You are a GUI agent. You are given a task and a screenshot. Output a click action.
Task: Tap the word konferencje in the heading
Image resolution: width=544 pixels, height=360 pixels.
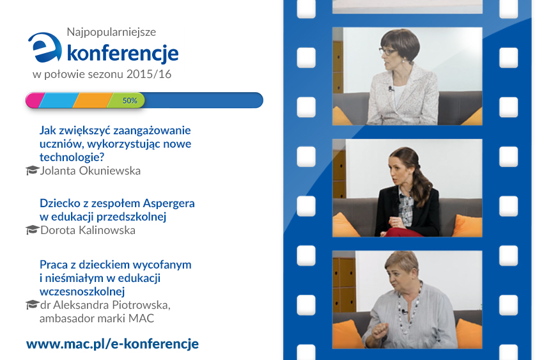click(123, 53)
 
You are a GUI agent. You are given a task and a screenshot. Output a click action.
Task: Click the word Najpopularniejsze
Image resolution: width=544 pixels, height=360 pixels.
click(111, 32)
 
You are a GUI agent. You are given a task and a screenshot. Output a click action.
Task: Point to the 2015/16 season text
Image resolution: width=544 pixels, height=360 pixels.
click(149, 74)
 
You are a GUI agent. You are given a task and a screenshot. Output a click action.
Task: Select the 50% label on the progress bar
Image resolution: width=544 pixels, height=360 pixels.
click(130, 100)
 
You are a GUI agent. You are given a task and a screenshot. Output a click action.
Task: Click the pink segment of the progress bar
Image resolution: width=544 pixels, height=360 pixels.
click(34, 100)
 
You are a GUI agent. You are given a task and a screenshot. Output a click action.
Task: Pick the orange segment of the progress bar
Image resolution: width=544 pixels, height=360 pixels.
click(92, 100)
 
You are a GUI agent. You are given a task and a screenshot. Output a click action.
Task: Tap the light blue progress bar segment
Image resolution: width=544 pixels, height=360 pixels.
click(58, 100)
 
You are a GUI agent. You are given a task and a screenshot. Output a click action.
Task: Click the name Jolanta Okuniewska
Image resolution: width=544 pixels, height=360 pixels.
click(90, 171)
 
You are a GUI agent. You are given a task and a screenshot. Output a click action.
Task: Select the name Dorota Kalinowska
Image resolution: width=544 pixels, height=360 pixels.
click(88, 230)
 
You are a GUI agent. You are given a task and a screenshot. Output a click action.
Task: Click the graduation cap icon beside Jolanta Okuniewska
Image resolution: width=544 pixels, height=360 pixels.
click(32, 171)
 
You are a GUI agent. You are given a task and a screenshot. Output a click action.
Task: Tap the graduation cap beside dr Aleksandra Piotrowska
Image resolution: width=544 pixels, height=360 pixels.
click(32, 304)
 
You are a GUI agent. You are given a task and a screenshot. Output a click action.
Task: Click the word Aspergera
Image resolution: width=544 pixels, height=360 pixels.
click(169, 204)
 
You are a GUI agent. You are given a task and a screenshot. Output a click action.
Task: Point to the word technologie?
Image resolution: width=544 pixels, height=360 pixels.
click(72, 157)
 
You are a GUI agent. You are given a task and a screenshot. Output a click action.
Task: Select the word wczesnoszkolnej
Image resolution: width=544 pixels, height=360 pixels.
click(82, 292)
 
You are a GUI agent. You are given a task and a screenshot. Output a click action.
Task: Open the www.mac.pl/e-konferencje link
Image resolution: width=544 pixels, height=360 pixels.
click(113, 343)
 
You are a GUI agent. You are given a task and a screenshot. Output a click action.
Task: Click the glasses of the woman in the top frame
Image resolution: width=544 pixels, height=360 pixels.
click(387, 51)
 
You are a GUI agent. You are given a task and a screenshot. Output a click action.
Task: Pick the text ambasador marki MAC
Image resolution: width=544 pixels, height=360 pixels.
click(97, 318)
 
